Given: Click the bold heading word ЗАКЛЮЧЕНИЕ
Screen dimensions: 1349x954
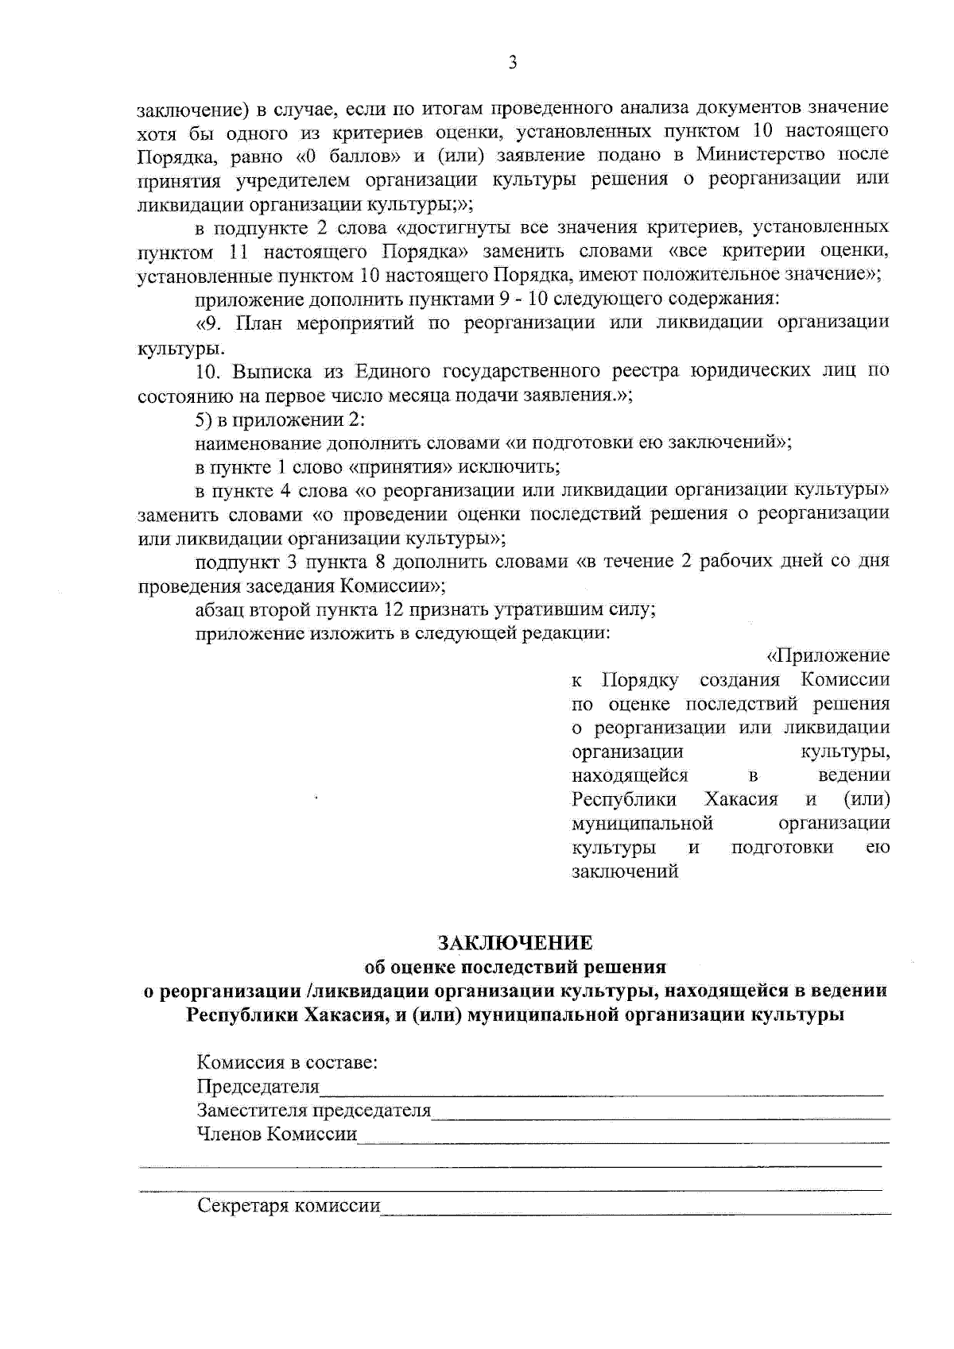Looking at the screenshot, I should coord(516,943).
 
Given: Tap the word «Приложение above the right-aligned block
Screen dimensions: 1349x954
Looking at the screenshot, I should coord(827,655).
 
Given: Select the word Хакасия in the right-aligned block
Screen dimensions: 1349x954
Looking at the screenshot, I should coord(741,798).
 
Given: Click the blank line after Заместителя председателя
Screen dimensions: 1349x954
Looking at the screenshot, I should coord(660,1115).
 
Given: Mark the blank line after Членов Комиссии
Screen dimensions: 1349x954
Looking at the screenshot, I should coord(623,1139).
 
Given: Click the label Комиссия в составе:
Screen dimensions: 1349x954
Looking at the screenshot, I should coord(287,1062).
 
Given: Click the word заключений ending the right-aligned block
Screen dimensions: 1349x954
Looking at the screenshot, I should coord(625,871).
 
